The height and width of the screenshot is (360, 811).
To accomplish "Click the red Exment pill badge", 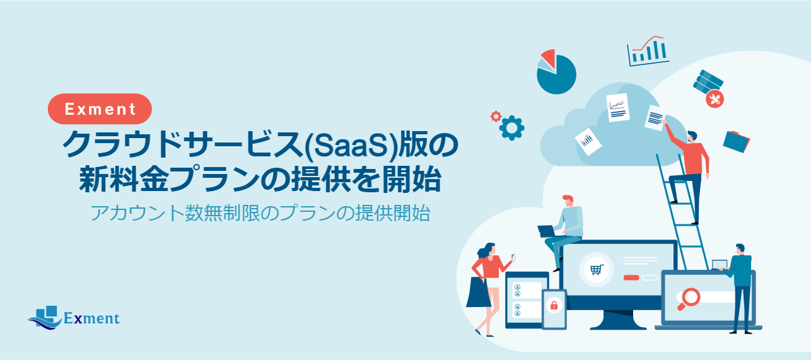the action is pyautogui.click(x=100, y=109).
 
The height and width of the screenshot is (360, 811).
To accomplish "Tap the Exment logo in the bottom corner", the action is pyautogui.click(x=74, y=317).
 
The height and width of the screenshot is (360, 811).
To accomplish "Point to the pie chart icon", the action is pyautogui.click(x=556, y=72).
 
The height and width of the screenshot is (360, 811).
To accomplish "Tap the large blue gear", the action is pyautogui.click(x=511, y=128).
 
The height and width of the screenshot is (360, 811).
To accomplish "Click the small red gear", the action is pyautogui.click(x=496, y=117).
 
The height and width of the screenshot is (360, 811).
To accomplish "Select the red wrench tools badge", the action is pyautogui.click(x=715, y=99).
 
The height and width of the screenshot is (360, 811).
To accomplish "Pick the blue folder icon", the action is pyautogui.click(x=737, y=141).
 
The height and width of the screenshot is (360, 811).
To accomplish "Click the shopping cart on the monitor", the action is pyautogui.click(x=597, y=270).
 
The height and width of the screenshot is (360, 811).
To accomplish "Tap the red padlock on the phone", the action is pyautogui.click(x=554, y=305).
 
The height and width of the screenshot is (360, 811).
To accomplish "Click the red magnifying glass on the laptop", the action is pyautogui.click(x=688, y=298).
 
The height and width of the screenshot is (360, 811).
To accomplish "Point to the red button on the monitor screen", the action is pyautogui.click(x=631, y=277).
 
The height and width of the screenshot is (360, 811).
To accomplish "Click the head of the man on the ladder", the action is pyautogui.click(x=692, y=137).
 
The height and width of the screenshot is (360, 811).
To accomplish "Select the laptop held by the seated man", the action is pyautogui.click(x=547, y=231).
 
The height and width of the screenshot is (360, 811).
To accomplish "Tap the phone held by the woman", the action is pyautogui.click(x=513, y=258).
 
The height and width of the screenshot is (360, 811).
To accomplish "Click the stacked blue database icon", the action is pyautogui.click(x=708, y=81).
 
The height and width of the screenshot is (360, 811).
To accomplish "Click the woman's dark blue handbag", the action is pyautogui.click(x=479, y=292).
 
